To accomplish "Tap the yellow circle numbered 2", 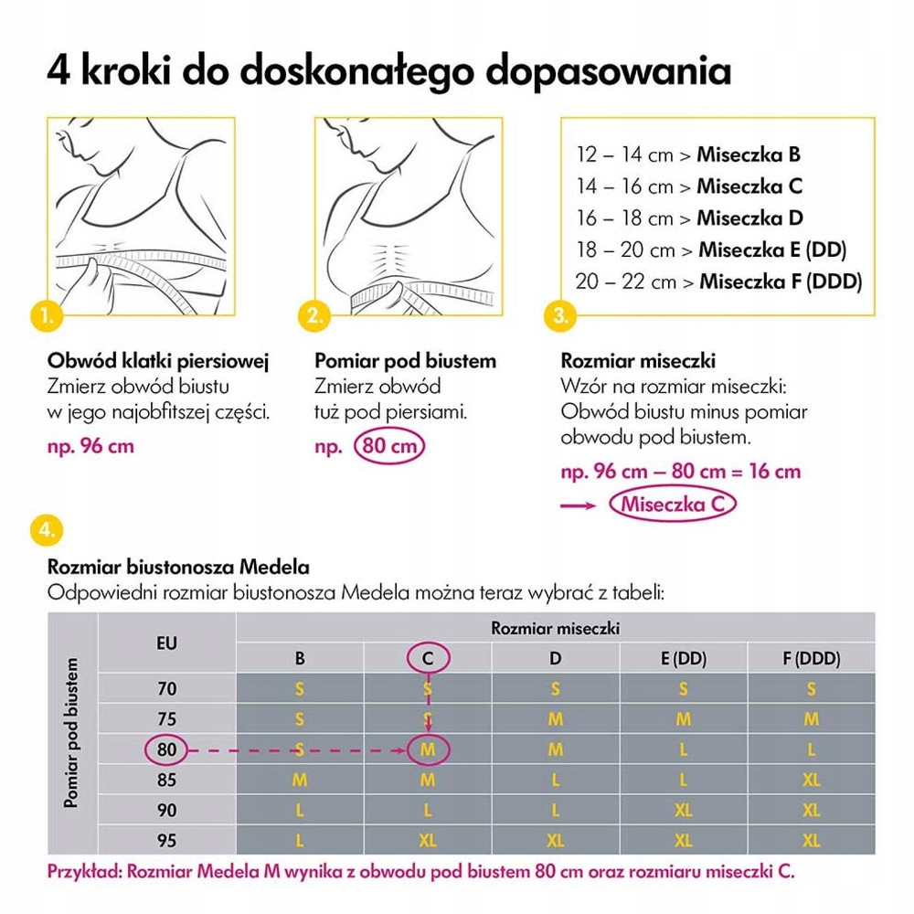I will coord(315,316).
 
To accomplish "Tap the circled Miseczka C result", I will coord(672,504).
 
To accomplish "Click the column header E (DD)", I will coord(683,657).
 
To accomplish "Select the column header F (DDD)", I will coord(811,657).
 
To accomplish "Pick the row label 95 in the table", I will coord(166,840).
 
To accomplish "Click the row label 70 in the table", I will coord(166,688).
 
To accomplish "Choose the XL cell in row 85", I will coord(811,781).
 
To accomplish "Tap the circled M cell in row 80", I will coord(428,749).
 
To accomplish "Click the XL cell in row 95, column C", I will coord(428,840).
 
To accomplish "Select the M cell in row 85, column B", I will coord(300,781).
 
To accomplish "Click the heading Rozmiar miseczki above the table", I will coord(555,628).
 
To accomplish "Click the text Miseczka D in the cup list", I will coord(749,218).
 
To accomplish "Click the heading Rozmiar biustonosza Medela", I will coord(177,568).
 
